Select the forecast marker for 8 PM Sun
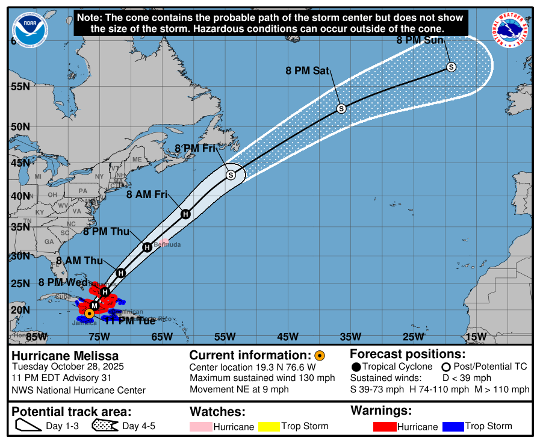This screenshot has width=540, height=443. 451,67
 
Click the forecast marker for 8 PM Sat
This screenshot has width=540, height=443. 341,108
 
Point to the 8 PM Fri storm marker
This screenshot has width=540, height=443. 231,175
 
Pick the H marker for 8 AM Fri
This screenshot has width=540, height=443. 185,214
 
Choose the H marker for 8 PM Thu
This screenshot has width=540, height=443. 147,247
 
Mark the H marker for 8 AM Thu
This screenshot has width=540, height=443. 120,273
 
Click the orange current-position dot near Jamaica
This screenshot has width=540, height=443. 89,313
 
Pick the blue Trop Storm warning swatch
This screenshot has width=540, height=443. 453,427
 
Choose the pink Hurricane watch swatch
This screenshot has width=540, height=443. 200,427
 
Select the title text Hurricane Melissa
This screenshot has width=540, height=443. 65,356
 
